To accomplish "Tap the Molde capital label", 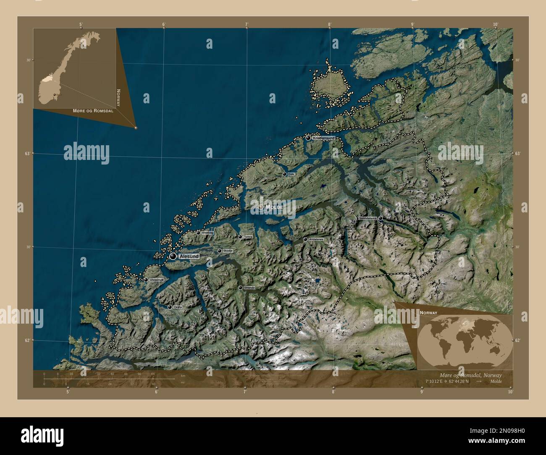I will (274, 207).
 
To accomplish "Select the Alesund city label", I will (189, 256).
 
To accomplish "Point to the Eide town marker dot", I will (284, 174).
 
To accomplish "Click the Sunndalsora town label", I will (367, 219).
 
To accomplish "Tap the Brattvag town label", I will (207, 233).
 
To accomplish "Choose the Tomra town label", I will (248, 237).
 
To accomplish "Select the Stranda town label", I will (249, 288).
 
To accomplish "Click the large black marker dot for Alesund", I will (173, 256).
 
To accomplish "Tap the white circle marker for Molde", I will (261, 207).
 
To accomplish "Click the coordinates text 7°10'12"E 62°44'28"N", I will (447, 382).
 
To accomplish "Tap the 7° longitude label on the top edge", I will (247, 24).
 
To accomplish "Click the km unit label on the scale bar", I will (183, 375).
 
